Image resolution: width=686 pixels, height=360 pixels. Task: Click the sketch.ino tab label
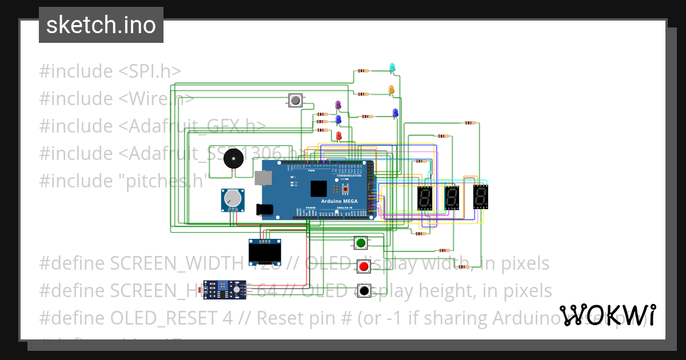(101, 25)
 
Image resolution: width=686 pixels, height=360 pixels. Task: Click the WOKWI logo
(607, 315)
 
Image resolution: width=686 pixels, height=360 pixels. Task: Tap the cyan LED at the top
(392, 68)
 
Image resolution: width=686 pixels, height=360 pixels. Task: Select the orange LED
(391, 90)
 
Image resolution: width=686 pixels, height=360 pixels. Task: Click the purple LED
(338, 105)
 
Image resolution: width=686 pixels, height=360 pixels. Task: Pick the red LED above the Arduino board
(338, 135)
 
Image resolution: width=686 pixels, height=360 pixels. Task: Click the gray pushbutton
(295, 101)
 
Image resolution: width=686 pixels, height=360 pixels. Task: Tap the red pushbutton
(364, 266)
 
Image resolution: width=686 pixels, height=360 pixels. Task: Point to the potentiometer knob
(232, 198)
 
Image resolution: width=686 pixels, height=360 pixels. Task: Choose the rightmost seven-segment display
(480, 198)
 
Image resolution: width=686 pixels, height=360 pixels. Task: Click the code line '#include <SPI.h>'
(110, 71)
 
